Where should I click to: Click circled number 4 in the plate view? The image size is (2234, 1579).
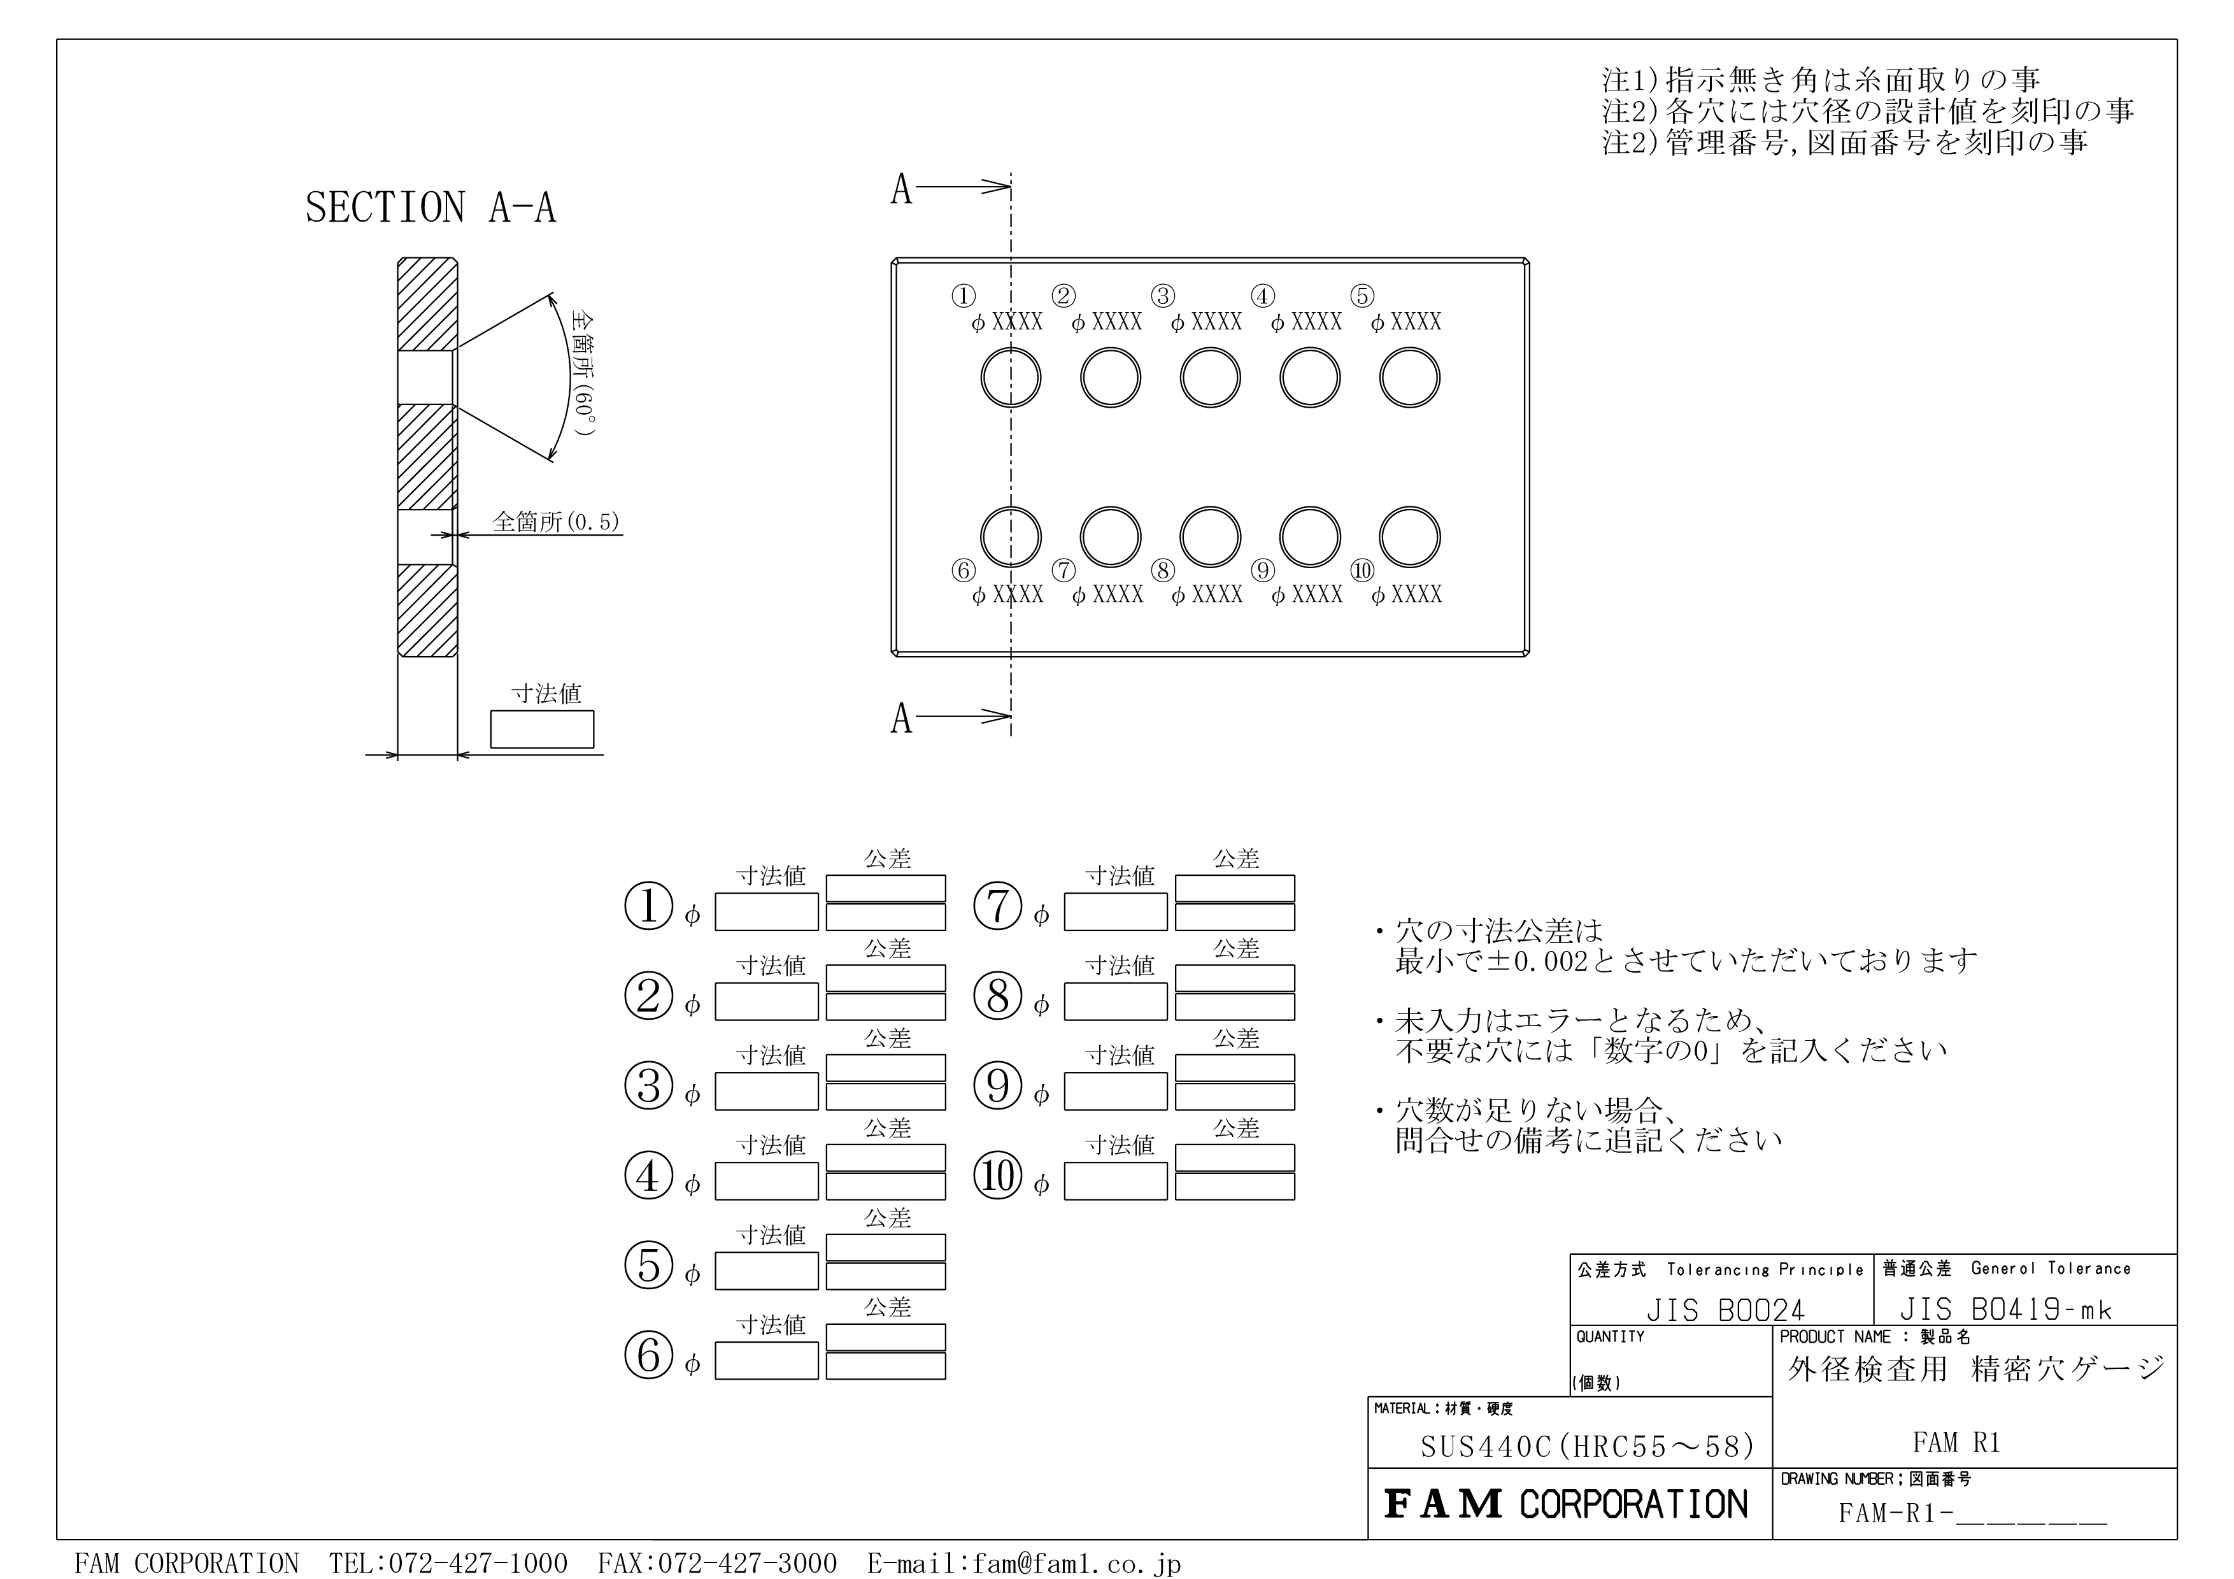click(1263, 296)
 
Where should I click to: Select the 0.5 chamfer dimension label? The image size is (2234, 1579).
click(555, 522)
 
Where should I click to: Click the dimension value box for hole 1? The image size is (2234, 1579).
click(767, 911)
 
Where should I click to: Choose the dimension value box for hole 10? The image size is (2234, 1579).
click(1115, 1181)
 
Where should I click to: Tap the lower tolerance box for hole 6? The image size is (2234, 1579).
click(885, 1366)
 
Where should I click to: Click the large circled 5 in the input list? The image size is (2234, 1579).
click(649, 1265)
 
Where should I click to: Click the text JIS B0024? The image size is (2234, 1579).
click(1725, 1310)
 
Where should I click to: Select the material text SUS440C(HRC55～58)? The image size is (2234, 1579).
click(1588, 1447)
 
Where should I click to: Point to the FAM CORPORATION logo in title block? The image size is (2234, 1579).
click(1565, 1504)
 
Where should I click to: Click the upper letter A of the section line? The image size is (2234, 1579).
click(901, 190)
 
